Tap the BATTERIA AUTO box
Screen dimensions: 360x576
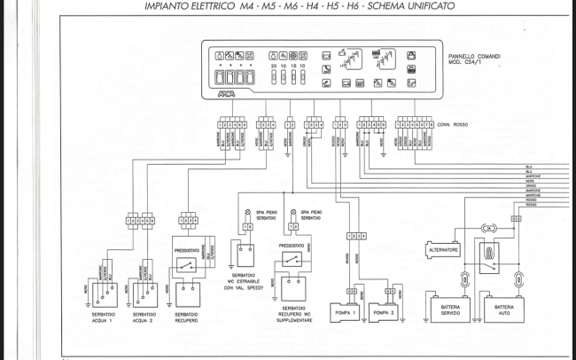(x=502, y=309)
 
